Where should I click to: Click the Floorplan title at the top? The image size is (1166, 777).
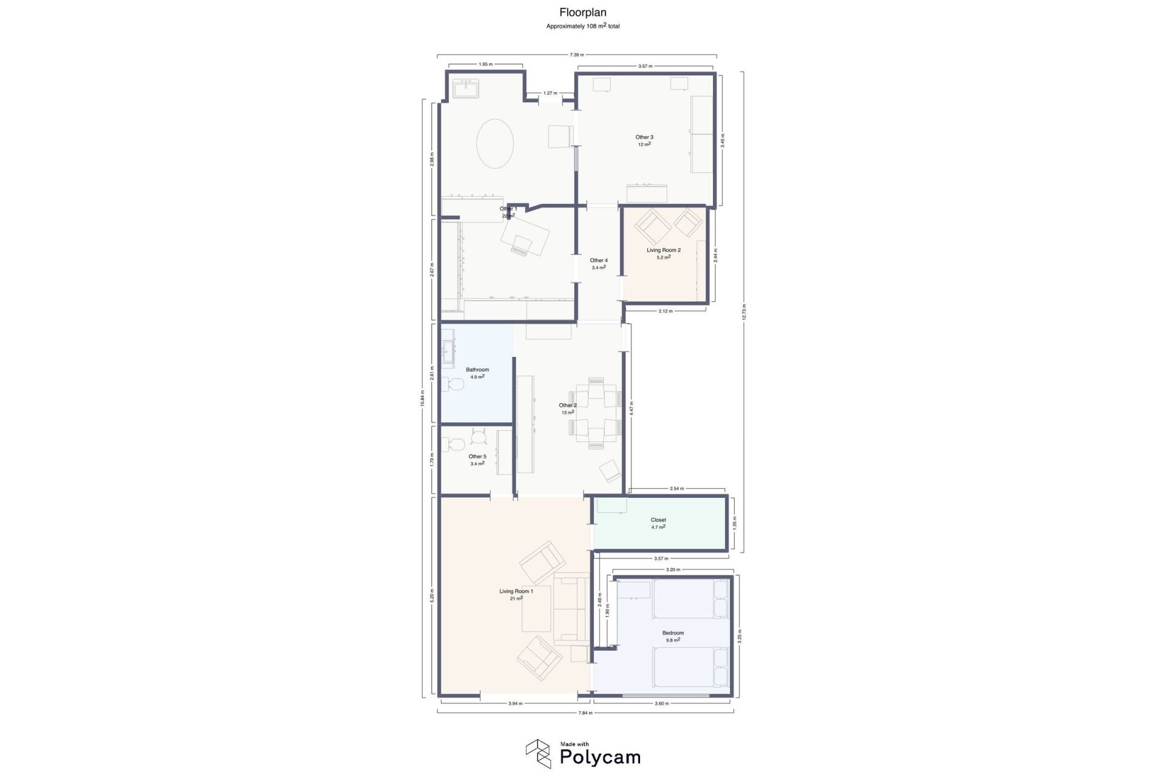[x=582, y=12]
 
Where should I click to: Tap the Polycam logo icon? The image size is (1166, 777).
[x=537, y=753]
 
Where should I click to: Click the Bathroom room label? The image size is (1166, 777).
[x=477, y=370]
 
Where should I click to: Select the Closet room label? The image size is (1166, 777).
[x=658, y=520]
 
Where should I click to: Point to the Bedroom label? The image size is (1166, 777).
[x=673, y=633]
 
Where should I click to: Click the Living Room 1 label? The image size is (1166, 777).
[x=516, y=591]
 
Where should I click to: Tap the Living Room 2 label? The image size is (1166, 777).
[x=663, y=250]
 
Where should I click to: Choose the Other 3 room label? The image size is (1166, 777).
[x=644, y=137]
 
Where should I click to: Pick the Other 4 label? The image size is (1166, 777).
[x=599, y=260]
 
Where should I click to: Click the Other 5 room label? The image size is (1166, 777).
[x=477, y=456]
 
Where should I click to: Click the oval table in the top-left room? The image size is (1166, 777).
[x=495, y=143]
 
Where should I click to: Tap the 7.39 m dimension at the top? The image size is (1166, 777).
[x=576, y=55]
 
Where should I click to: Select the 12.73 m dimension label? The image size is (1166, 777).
[x=743, y=311]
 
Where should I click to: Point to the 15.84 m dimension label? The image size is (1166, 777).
[x=423, y=398]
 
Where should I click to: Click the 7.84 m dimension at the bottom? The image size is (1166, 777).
[x=585, y=713]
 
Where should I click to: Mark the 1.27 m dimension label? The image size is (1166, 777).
[x=550, y=93]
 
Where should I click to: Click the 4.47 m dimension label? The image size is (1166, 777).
[x=632, y=407]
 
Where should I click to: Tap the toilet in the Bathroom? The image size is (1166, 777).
[x=452, y=385]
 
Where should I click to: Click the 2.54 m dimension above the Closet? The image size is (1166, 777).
[x=677, y=489]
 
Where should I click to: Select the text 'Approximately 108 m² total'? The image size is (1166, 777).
[x=582, y=26]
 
